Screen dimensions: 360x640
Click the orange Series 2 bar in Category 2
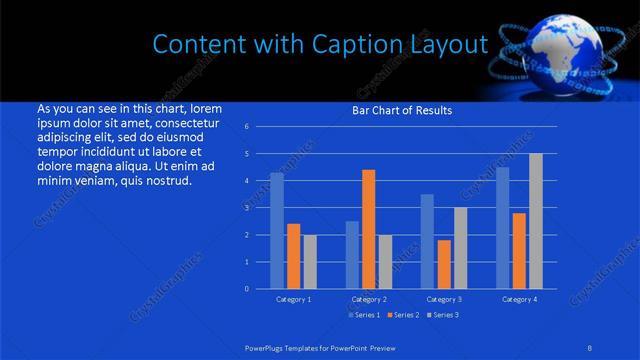tap(369, 229)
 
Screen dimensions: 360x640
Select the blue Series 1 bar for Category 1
tap(277, 230)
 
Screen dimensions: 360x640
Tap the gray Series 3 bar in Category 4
tap(536, 221)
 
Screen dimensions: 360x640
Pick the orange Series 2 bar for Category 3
tap(444, 264)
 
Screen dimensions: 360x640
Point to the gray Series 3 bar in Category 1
tap(310, 261)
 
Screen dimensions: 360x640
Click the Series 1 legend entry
tap(364, 315)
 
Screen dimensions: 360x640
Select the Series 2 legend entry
tap(403, 315)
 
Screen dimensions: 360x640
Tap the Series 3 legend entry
tap(442, 315)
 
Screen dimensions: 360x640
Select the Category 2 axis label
tap(369, 299)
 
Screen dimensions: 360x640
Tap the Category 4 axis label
tap(519, 299)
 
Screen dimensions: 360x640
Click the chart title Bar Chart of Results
tap(402, 110)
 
